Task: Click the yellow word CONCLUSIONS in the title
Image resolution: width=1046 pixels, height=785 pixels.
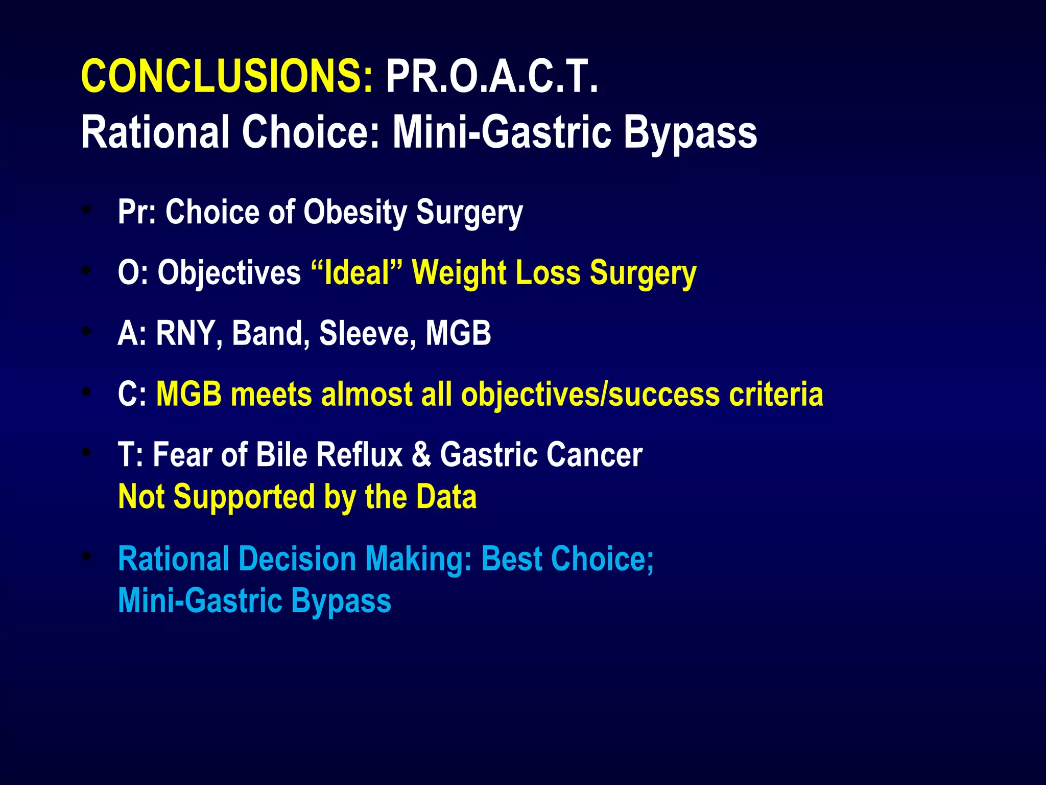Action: pos(227,77)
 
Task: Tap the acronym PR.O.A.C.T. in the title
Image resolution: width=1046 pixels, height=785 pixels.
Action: pos(491,77)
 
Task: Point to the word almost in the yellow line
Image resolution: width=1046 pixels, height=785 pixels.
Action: pos(366,395)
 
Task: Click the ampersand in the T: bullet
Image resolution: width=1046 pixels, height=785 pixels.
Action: pos(421,454)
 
